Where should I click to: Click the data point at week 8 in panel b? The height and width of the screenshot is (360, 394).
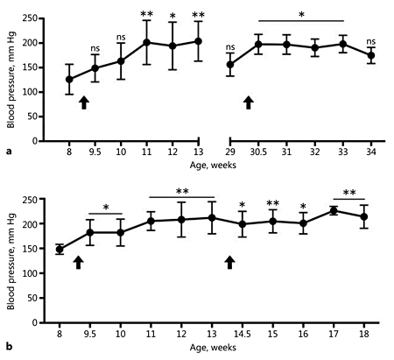tap(60, 250)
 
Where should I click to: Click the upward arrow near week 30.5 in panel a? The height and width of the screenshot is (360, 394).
tap(249, 103)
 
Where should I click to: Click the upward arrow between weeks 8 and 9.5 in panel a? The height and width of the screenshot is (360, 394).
tap(84, 103)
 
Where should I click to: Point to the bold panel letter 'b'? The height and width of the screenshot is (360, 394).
tap(8, 349)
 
